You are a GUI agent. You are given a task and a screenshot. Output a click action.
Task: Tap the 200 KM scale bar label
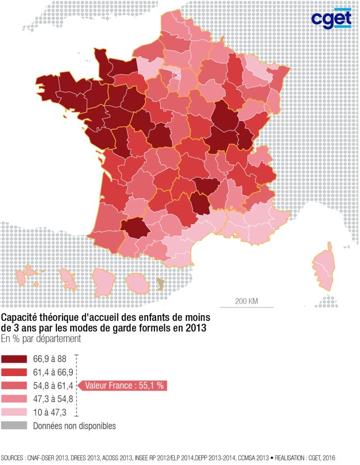(246, 301)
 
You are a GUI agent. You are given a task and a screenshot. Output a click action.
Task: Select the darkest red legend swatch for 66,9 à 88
(14, 359)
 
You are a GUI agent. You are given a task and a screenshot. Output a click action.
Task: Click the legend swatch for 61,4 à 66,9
(14, 372)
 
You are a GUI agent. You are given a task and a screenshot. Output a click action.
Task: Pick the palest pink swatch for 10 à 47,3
(14, 412)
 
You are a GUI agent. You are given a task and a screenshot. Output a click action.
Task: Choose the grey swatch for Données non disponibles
(14, 426)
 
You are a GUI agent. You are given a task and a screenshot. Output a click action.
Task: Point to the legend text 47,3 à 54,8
(52, 399)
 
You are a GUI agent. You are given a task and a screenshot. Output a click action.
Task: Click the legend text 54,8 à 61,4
(52, 385)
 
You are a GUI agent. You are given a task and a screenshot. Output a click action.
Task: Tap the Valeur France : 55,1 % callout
(124, 385)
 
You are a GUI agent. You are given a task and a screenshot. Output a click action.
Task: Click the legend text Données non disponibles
(74, 426)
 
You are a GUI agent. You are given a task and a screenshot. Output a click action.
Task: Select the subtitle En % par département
(41, 339)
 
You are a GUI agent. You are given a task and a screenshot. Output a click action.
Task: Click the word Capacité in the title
(20, 317)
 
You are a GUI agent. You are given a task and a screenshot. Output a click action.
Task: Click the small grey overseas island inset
(160, 283)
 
